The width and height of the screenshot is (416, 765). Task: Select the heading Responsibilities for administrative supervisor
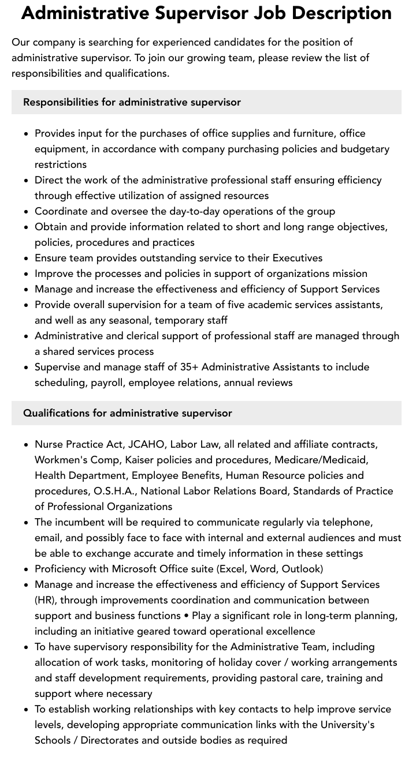(x=132, y=102)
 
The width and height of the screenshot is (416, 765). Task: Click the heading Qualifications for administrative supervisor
(x=127, y=413)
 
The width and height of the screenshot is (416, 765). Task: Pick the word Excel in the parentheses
(x=233, y=569)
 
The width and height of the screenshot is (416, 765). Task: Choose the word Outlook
(x=300, y=569)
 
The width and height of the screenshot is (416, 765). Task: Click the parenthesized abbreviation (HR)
(x=45, y=600)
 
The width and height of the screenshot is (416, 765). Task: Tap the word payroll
(x=108, y=382)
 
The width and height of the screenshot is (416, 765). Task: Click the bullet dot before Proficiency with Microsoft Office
(x=27, y=569)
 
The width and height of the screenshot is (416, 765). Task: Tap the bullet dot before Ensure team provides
(x=27, y=258)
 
